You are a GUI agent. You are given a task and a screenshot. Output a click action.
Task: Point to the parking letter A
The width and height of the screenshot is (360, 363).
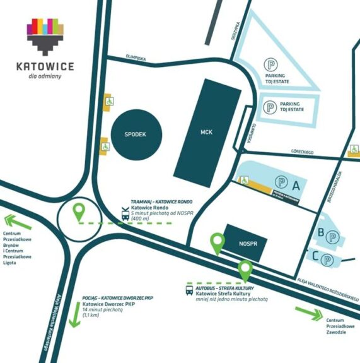click(295, 184)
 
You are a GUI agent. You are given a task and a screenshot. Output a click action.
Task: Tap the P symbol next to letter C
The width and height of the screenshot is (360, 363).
click(327, 259)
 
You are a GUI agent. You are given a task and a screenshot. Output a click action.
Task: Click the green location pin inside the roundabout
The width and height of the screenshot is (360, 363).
click(79, 212)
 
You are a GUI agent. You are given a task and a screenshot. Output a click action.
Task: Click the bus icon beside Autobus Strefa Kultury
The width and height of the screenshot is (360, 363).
click(189, 291)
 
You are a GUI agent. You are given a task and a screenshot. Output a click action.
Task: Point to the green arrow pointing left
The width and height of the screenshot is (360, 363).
click(19, 222)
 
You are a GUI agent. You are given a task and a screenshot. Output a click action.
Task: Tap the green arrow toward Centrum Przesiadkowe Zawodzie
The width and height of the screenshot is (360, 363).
click(310, 313)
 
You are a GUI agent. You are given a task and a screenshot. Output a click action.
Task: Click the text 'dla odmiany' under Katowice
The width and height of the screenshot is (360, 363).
click(45, 78)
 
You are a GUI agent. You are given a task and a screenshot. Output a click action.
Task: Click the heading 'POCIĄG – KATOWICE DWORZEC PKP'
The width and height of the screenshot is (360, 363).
click(118, 297)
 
